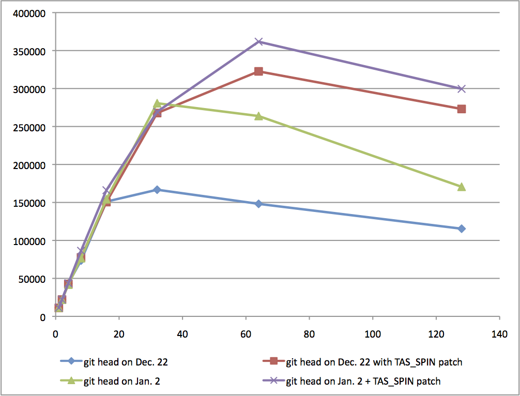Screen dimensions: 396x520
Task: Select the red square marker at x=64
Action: tap(258, 71)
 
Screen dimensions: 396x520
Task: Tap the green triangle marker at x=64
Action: tap(258, 116)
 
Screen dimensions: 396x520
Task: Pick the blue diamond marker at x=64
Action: tap(258, 204)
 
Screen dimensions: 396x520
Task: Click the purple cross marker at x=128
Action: tap(462, 89)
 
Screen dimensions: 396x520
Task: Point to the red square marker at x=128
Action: tap(462, 109)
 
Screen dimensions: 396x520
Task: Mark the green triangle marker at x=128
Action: tap(462, 187)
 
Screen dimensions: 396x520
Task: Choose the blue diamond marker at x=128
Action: tap(462, 229)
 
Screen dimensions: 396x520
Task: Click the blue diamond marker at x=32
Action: tap(157, 190)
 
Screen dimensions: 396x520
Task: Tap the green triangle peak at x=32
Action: tap(157, 104)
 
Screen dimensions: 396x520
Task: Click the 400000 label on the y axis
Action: tap(31, 13)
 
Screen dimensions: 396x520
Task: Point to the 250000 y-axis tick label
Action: tap(31, 127)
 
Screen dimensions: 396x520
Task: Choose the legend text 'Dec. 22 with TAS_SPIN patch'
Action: tap(374, 362)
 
